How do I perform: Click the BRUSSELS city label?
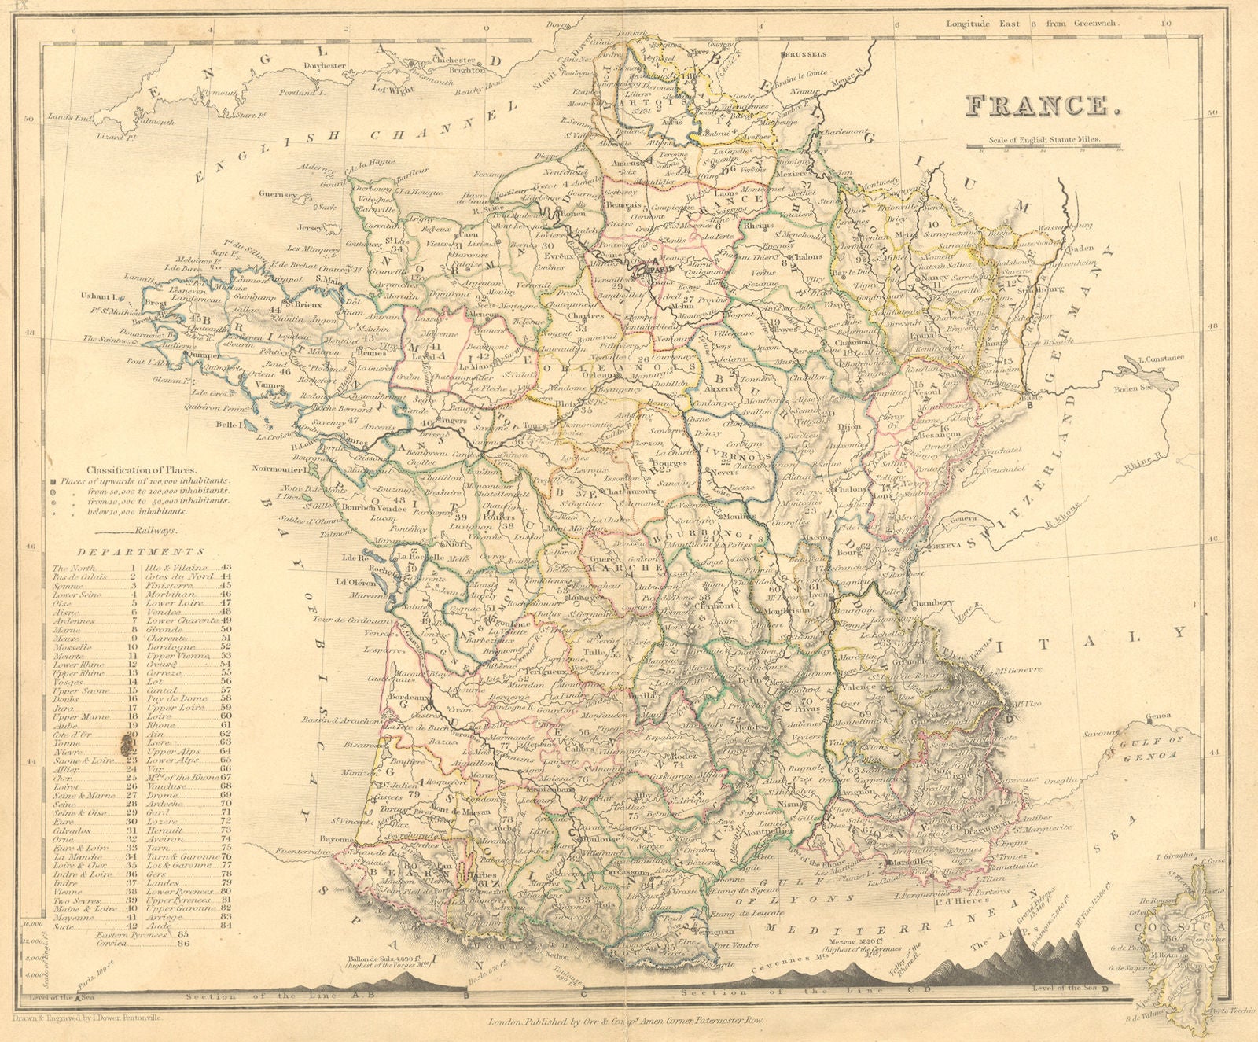click(x=804, y=55)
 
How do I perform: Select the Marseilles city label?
click(x=904, y=861)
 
